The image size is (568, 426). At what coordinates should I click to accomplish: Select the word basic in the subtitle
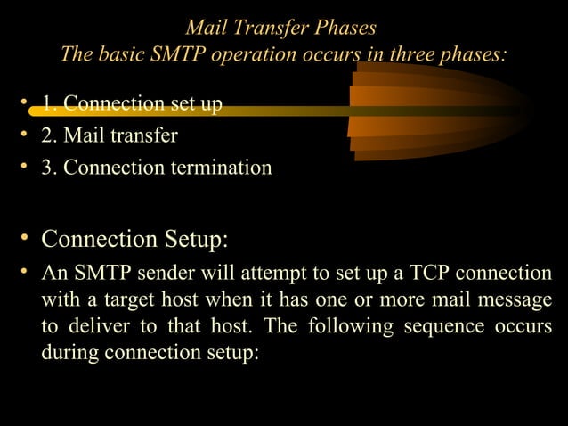tap(118, 54)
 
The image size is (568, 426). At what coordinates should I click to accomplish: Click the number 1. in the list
tap(50, 105)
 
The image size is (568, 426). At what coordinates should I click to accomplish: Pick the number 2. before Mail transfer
tap(50, 135)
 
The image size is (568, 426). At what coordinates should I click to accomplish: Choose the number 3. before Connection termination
tap(50, 167)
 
